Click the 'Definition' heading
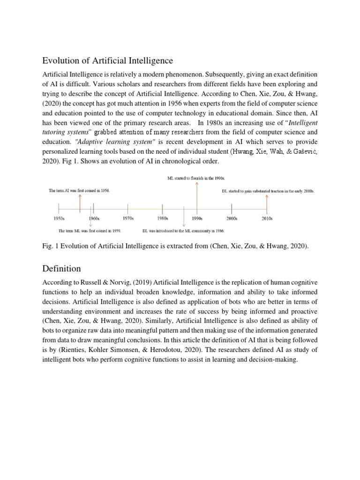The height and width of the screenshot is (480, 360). (x=61, y=269)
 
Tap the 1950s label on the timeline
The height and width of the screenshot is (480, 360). (x=59, y=218)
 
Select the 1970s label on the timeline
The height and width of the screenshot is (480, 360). (x=128, y=218)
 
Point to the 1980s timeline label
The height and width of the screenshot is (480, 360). (x=163, y=218)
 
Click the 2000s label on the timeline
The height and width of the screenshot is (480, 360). (x=232, y=218)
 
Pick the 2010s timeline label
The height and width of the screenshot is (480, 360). (x=267, y=218)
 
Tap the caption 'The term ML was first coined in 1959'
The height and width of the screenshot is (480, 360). (x=90, y=231)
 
